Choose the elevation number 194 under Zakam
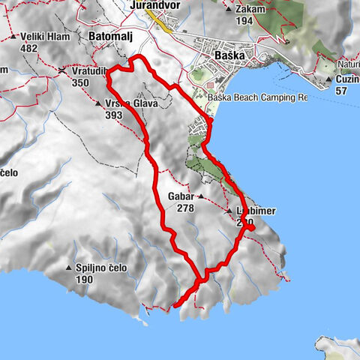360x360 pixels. pos(244,21)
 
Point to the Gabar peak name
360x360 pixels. pos(181,196)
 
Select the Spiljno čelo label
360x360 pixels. pos(101,268)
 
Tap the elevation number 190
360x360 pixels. pos(84,280)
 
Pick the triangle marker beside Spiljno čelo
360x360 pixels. pos(69,268)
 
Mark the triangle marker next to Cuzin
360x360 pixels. pos(329,79)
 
